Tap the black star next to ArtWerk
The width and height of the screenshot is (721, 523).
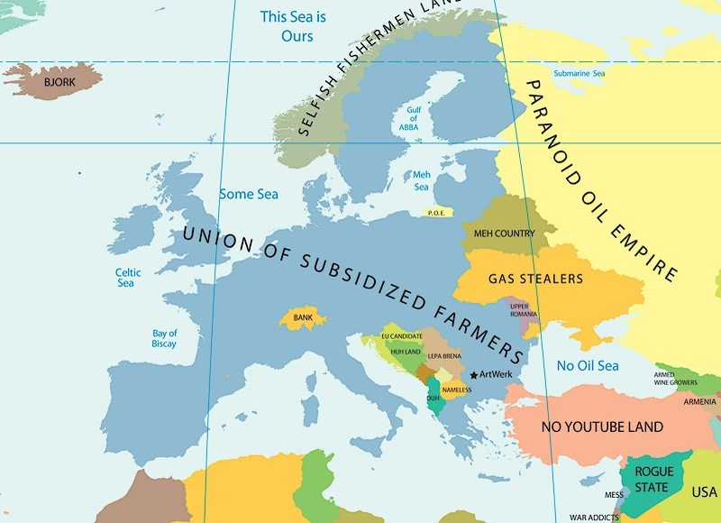[474, 375]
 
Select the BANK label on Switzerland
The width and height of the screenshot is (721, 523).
[302, 318]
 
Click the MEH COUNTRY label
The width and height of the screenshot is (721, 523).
[504, 234]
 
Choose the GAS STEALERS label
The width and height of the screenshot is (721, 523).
[535, 279]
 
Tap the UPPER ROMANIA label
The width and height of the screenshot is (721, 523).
[525, 309]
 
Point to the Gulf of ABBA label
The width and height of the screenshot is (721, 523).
[413, 118]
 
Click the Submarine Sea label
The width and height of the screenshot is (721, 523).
[579, 73]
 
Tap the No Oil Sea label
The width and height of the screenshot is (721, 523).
[588, 365]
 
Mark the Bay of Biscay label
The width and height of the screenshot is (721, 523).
[165, 339]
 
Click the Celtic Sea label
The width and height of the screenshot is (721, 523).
[125, 278]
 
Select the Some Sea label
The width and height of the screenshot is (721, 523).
[249, 194]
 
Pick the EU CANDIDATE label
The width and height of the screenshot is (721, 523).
[402, 336]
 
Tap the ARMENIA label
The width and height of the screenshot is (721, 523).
[699, 401]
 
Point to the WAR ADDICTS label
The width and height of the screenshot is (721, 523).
[592, 518]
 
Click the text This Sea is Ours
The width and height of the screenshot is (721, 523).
[287, 26]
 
